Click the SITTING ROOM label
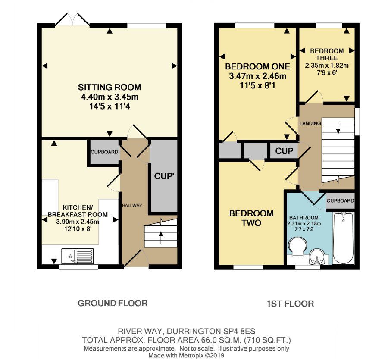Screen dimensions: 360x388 pos(110,87)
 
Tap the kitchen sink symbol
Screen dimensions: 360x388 pos(77,256)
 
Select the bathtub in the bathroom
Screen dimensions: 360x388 pos(344,238)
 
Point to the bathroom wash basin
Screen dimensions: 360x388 pos(318,257)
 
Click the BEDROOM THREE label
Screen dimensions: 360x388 pos(327,54)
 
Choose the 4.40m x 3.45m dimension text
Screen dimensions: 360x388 pos(110,97)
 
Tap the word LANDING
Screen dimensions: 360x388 pos(310,123)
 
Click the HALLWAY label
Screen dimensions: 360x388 pos(131,205)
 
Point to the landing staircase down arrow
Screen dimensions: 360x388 pos(338,126)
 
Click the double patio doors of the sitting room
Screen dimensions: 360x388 pos(73,19)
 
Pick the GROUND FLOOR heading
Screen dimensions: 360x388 pos(113,303)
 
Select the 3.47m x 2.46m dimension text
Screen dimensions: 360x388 pos(257,76)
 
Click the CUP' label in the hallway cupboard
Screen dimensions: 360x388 pos(164,176)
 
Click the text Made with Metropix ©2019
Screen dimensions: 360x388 pos(186,356)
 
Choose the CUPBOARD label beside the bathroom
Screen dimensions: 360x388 pos(340,201)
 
